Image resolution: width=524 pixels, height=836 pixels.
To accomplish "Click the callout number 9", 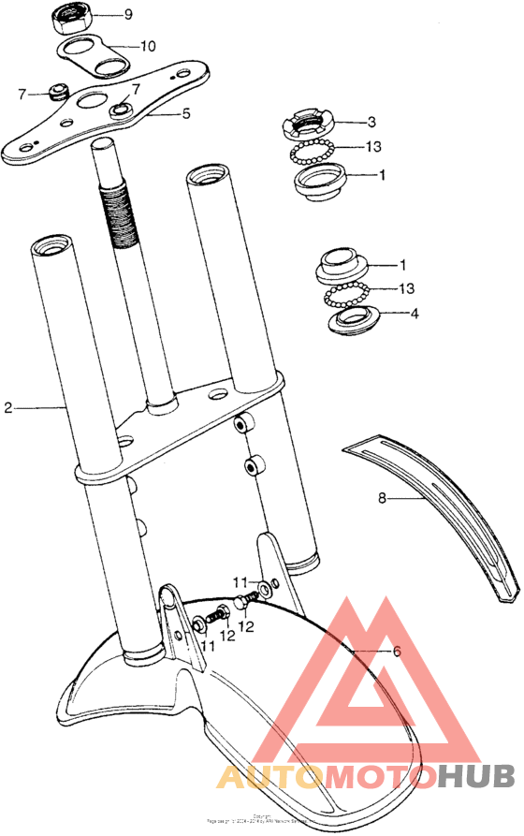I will click(127, 15).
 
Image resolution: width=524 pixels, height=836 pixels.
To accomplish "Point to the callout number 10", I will click(148, 45).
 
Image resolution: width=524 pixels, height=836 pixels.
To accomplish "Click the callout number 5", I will click(185, 113).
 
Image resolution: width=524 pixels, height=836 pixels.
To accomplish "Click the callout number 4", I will click(413, 314).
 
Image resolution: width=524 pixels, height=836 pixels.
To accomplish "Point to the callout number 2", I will click(7, 407).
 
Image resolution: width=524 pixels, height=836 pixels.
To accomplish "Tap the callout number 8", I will click(382, 499).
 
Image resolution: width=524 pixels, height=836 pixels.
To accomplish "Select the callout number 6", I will click(396, 652).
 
